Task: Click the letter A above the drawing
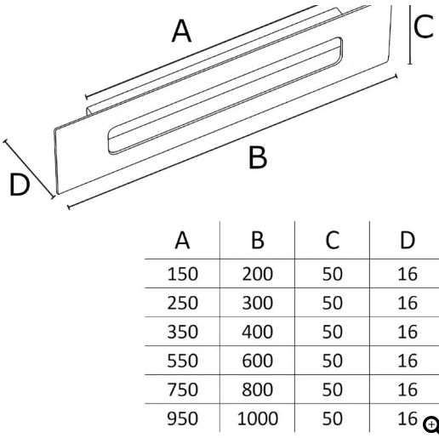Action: coord(181,31)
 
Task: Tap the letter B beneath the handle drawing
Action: coord(258,157)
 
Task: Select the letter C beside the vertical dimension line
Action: coord(424,26)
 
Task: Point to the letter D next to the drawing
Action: coord(20,185)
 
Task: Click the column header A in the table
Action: coord(182,240)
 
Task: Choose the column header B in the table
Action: coord(258,240)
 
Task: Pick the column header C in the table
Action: coord(333,240)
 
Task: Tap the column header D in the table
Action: coord(408,240)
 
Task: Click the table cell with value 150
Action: coord(182,274)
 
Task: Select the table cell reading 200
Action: coord(258,274)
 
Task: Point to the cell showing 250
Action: coord(182,303)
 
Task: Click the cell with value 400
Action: coord(258,332)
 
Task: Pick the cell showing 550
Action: coord(182,361)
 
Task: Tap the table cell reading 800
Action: coord(258,390)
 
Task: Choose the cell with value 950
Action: coord(182,418)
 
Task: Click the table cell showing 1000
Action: coord(258,418)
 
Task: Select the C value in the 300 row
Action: coord(333,303)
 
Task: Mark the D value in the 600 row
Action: coord(408,361)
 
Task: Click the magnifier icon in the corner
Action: coord(431,425)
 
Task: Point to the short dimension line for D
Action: coord(29,169)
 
